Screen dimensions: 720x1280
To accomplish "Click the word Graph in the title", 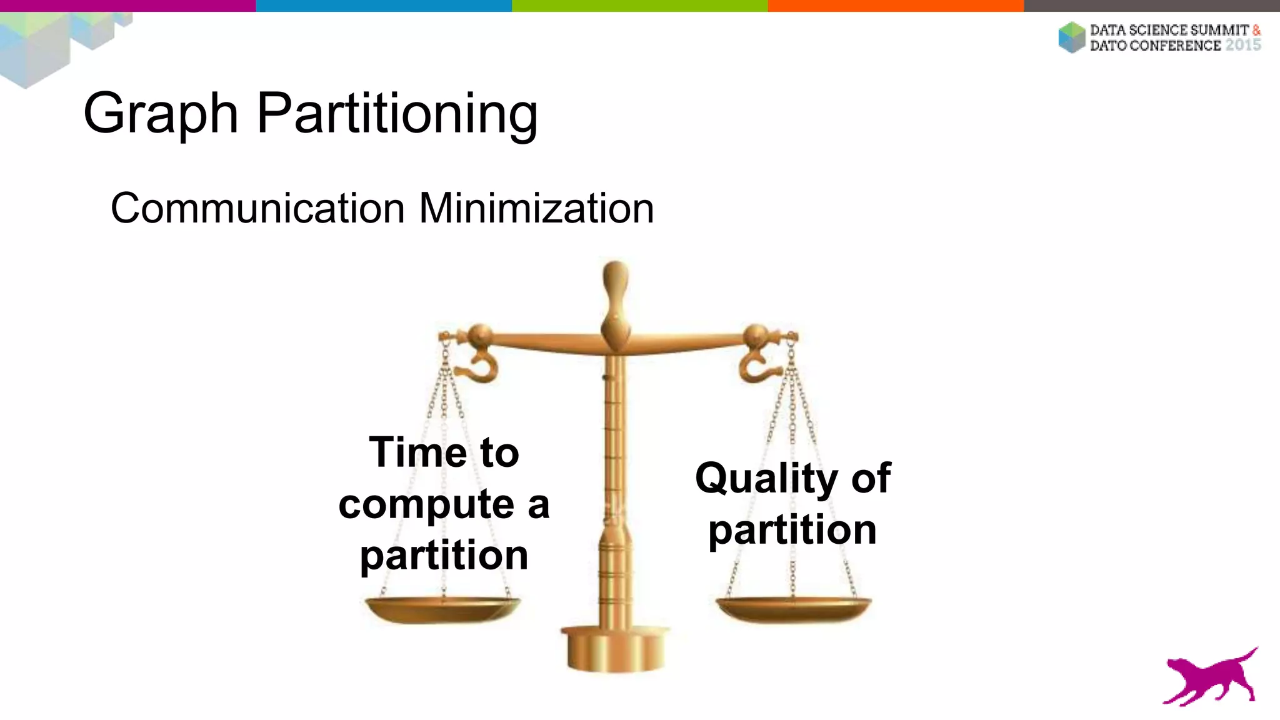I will [x=161, y=114].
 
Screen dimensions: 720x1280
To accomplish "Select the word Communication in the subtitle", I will [x=257, y=208].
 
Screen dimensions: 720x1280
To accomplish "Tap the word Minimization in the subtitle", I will [x=536, y=208].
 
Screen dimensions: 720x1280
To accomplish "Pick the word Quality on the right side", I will [x=766, y=479].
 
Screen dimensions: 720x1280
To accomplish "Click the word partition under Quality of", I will [x=792, y=530].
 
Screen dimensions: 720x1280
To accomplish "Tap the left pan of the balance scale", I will [x=442, y=609].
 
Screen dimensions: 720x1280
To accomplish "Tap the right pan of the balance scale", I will [x=793, y=609].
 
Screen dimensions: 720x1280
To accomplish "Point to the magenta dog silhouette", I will [x=1210, y=678].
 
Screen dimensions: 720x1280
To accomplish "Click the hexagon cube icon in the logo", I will [x=1072, y=37].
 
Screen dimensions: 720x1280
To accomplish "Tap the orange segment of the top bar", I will [x=896, y=6].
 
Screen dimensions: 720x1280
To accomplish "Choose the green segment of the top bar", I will [x=639, y=6].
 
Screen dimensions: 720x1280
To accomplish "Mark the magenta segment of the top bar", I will [x=127, y=6].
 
